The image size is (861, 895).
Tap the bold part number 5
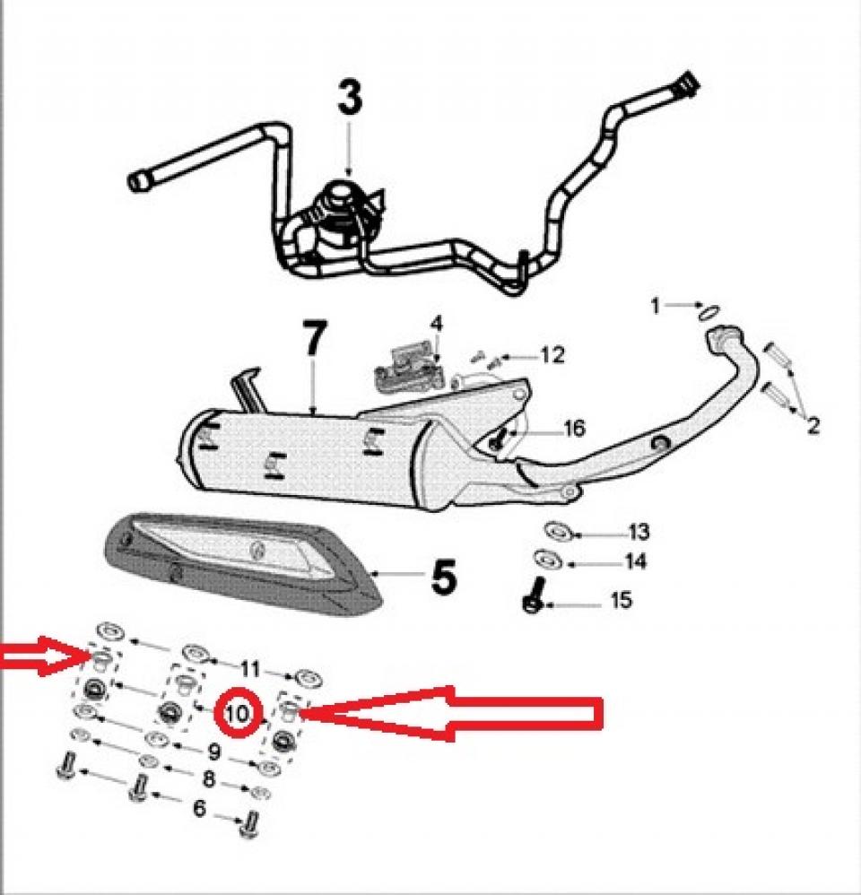(x=443, y=577)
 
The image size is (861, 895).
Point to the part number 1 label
(x=656, y=307)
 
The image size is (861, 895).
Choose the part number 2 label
(x=813, y=425)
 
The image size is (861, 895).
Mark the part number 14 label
(x=635, y=562)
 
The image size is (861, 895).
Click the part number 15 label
(x=621, y=600)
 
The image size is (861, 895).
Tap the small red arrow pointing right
(x=40, y=660)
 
